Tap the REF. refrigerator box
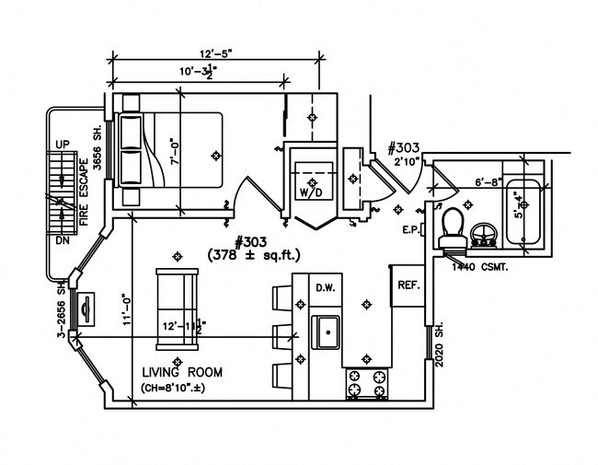(408, 285)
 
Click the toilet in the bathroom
(450, 229)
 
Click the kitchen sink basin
(327, 328)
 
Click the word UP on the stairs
(63, 145)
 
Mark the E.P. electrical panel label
(411, 228)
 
